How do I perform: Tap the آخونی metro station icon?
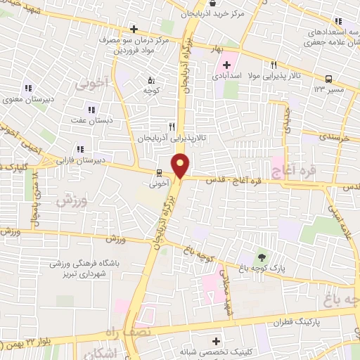160,173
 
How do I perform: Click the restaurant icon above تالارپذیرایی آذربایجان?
172,127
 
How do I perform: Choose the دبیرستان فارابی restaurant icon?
80,149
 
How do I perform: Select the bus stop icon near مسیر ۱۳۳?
329,79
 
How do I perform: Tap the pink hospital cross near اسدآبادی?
217,65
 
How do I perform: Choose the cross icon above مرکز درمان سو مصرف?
134,30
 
